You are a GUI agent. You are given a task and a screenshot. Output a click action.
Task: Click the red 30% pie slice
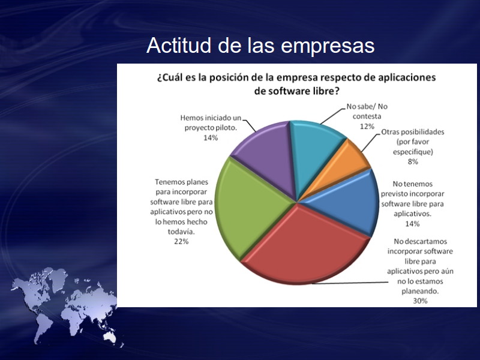[x=306, y=248]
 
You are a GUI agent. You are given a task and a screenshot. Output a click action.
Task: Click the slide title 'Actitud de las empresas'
[x=260, y=46]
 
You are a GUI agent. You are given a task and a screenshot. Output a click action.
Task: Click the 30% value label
[x=420, y=301]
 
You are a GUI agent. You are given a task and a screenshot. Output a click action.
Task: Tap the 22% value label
[x=181, y=242]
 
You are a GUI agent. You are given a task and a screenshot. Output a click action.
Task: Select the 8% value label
[x=413, y=161]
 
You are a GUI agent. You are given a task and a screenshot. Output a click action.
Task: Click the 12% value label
[x=367, y=127]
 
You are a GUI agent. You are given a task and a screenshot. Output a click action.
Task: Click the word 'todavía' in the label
[x=181, y=232]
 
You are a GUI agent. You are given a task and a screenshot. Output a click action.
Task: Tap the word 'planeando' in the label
[x=420, y=291]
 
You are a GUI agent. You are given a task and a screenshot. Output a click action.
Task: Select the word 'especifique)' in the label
[x=413, y=152]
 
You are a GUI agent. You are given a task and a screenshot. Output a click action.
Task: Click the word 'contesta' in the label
[x=367, y=116]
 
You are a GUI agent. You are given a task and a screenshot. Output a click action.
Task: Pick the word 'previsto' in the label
[x=394, y=194]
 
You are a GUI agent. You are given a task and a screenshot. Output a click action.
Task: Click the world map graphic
[x=64, y=306]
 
